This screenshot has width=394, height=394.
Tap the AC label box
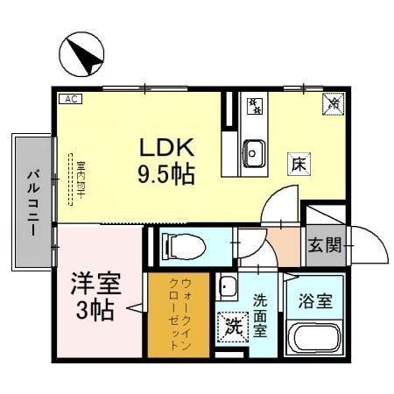tap(70, 100)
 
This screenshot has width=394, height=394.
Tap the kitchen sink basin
tap(255, 152)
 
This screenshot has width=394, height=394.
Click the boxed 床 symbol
tap(298, 163)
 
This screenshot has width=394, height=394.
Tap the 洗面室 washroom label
tap(261, 313)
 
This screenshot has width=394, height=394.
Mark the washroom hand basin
tap(229, 285)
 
